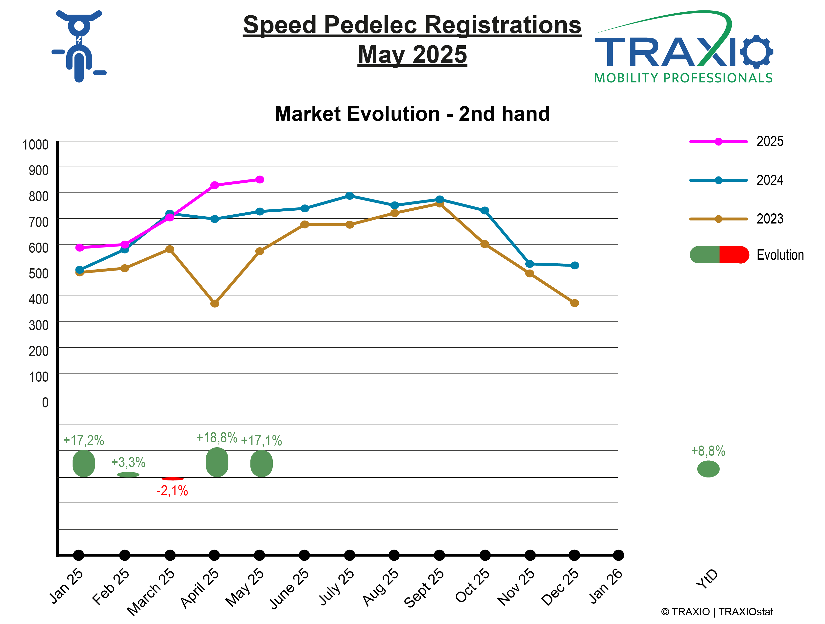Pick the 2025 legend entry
pyautogui.click(x=737, y=141)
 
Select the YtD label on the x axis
pyautogui.click(x=707, y=579)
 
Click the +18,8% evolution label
pyautogui.click(x=217, y=438)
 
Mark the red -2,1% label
pyautogui.click(x=172, y=491)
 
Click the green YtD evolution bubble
pyautogui.click(x=708, y=469)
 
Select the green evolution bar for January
pyautogui.click(x=84, y=463)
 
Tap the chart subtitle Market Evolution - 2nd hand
pyautogui.click(x=412, y=114)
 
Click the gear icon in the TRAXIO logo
pyautogui.click(x=757, y=51)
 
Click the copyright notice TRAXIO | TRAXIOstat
pyautogui.click(x=717, y=612)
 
